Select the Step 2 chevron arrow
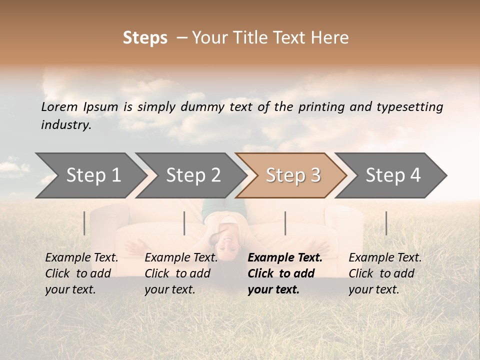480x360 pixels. [193, 175]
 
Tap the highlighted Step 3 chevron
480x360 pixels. [293, 175]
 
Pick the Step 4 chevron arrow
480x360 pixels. [393, 175]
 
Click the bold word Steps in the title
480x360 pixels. [145, 38]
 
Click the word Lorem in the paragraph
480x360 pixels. [59, 106]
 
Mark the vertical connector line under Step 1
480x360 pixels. [84, 223]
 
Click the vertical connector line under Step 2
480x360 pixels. [184, 223]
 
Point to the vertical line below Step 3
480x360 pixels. [285, 223]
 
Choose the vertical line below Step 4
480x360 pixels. [386, 223]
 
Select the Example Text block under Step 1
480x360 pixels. [81, 273]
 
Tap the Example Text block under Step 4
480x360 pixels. [385, 273]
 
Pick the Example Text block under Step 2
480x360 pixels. [181, 273]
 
